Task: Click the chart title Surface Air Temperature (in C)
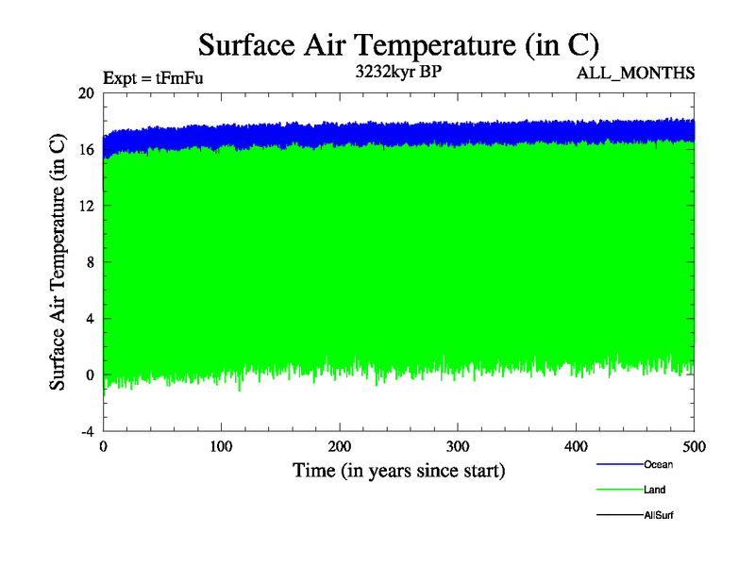[x=398, y=44]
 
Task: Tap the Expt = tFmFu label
[x=152, y=78]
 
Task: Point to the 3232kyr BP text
[x=397, y=72]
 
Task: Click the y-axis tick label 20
[x=87, y=93]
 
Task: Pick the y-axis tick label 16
[x=87, y=149]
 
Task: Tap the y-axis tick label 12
[x=87, y=206]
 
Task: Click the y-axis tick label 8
[x=90, y=262]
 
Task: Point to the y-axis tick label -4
[x=87, y=431]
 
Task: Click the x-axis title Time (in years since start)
[x=398, y=470]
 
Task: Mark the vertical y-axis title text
[x=59, y=262]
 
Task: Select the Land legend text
[x=655, y=490]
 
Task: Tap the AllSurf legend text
[x=659, y=515]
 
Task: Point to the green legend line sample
[x=619, y=490]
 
